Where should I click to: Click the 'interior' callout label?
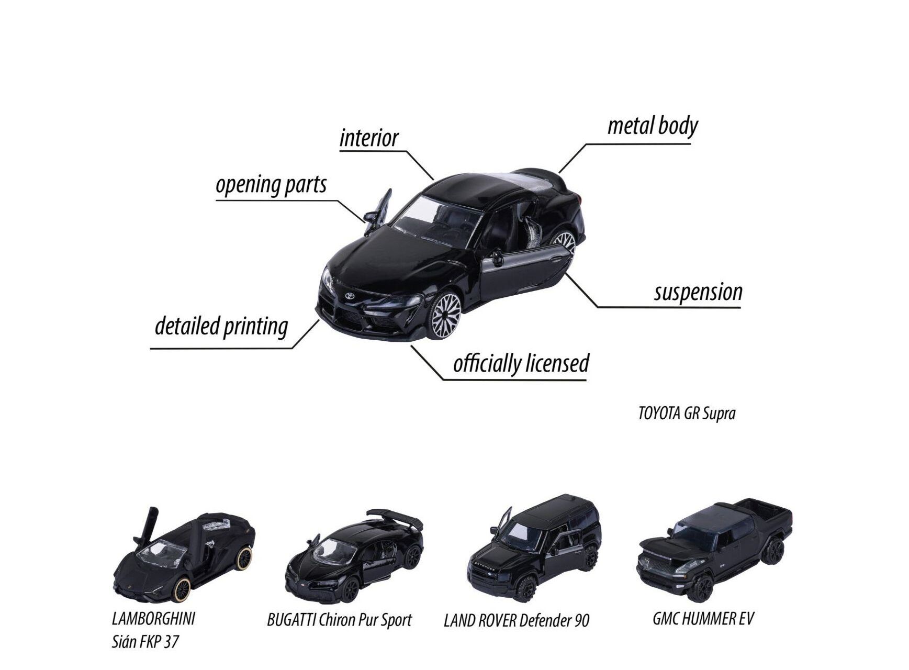(369, 138)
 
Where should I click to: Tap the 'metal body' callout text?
(653, 127)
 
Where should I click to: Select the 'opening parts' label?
(271, 185)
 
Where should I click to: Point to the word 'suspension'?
(698, 292)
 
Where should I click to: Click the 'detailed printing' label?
(221, 326)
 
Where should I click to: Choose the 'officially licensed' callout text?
(521, 363)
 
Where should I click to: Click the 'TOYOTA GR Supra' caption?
(687, 414)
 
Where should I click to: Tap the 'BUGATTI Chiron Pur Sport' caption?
(339, 620)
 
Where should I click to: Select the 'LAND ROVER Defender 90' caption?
(517, 621)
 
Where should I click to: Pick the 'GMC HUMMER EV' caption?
(703, 619)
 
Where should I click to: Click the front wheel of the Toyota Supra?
(445, 316)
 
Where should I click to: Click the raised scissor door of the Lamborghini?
(151, 523)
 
